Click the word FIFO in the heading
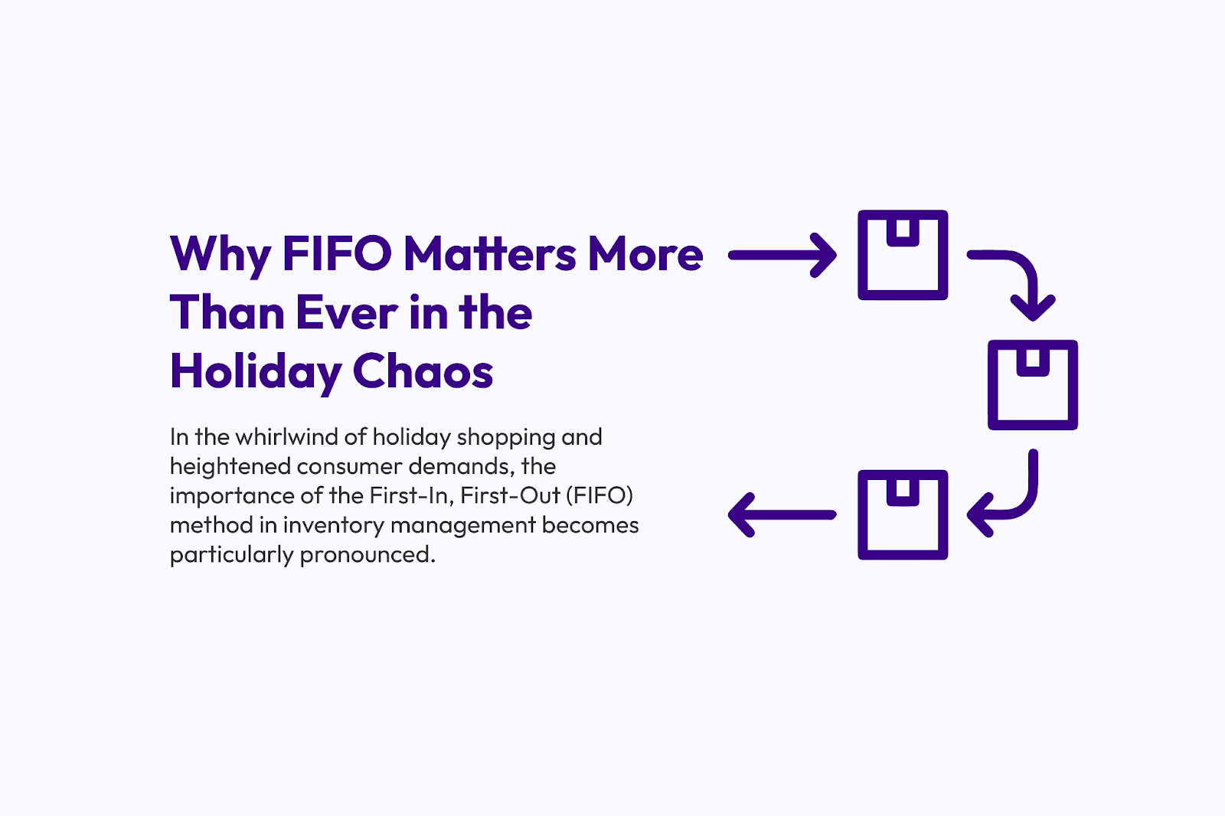337,253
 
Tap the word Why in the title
220,253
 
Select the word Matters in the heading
490,253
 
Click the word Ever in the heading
346,312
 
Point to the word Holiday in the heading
256,372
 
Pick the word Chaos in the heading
423,372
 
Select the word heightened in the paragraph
230,466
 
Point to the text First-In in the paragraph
411,495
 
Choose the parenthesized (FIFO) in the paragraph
599,495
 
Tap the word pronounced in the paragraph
367,554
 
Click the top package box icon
903,255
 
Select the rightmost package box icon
1032,385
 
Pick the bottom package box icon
903,514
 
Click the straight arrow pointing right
782,255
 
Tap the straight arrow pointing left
782,514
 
